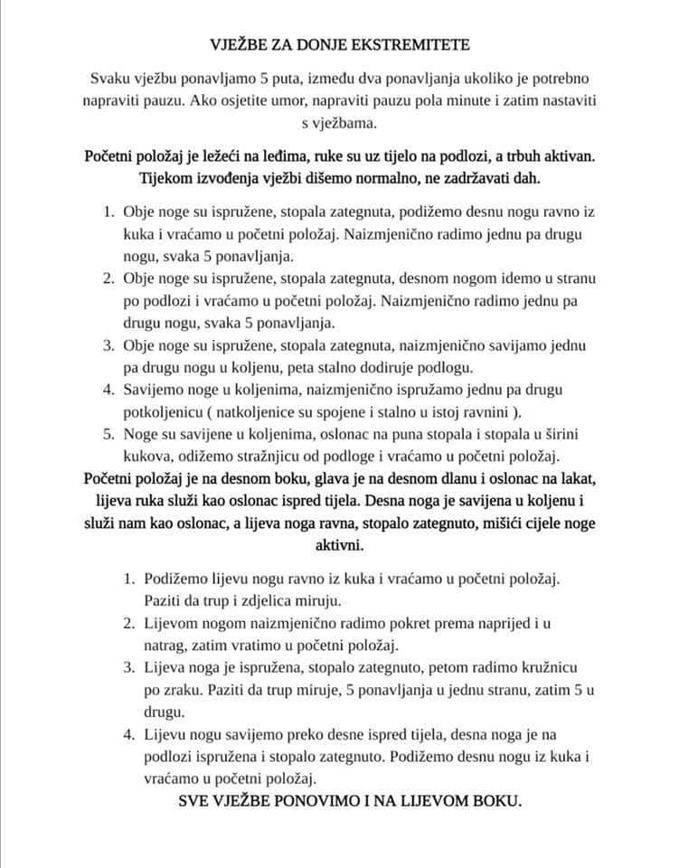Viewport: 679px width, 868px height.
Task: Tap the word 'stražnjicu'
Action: (x=297, y=455)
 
